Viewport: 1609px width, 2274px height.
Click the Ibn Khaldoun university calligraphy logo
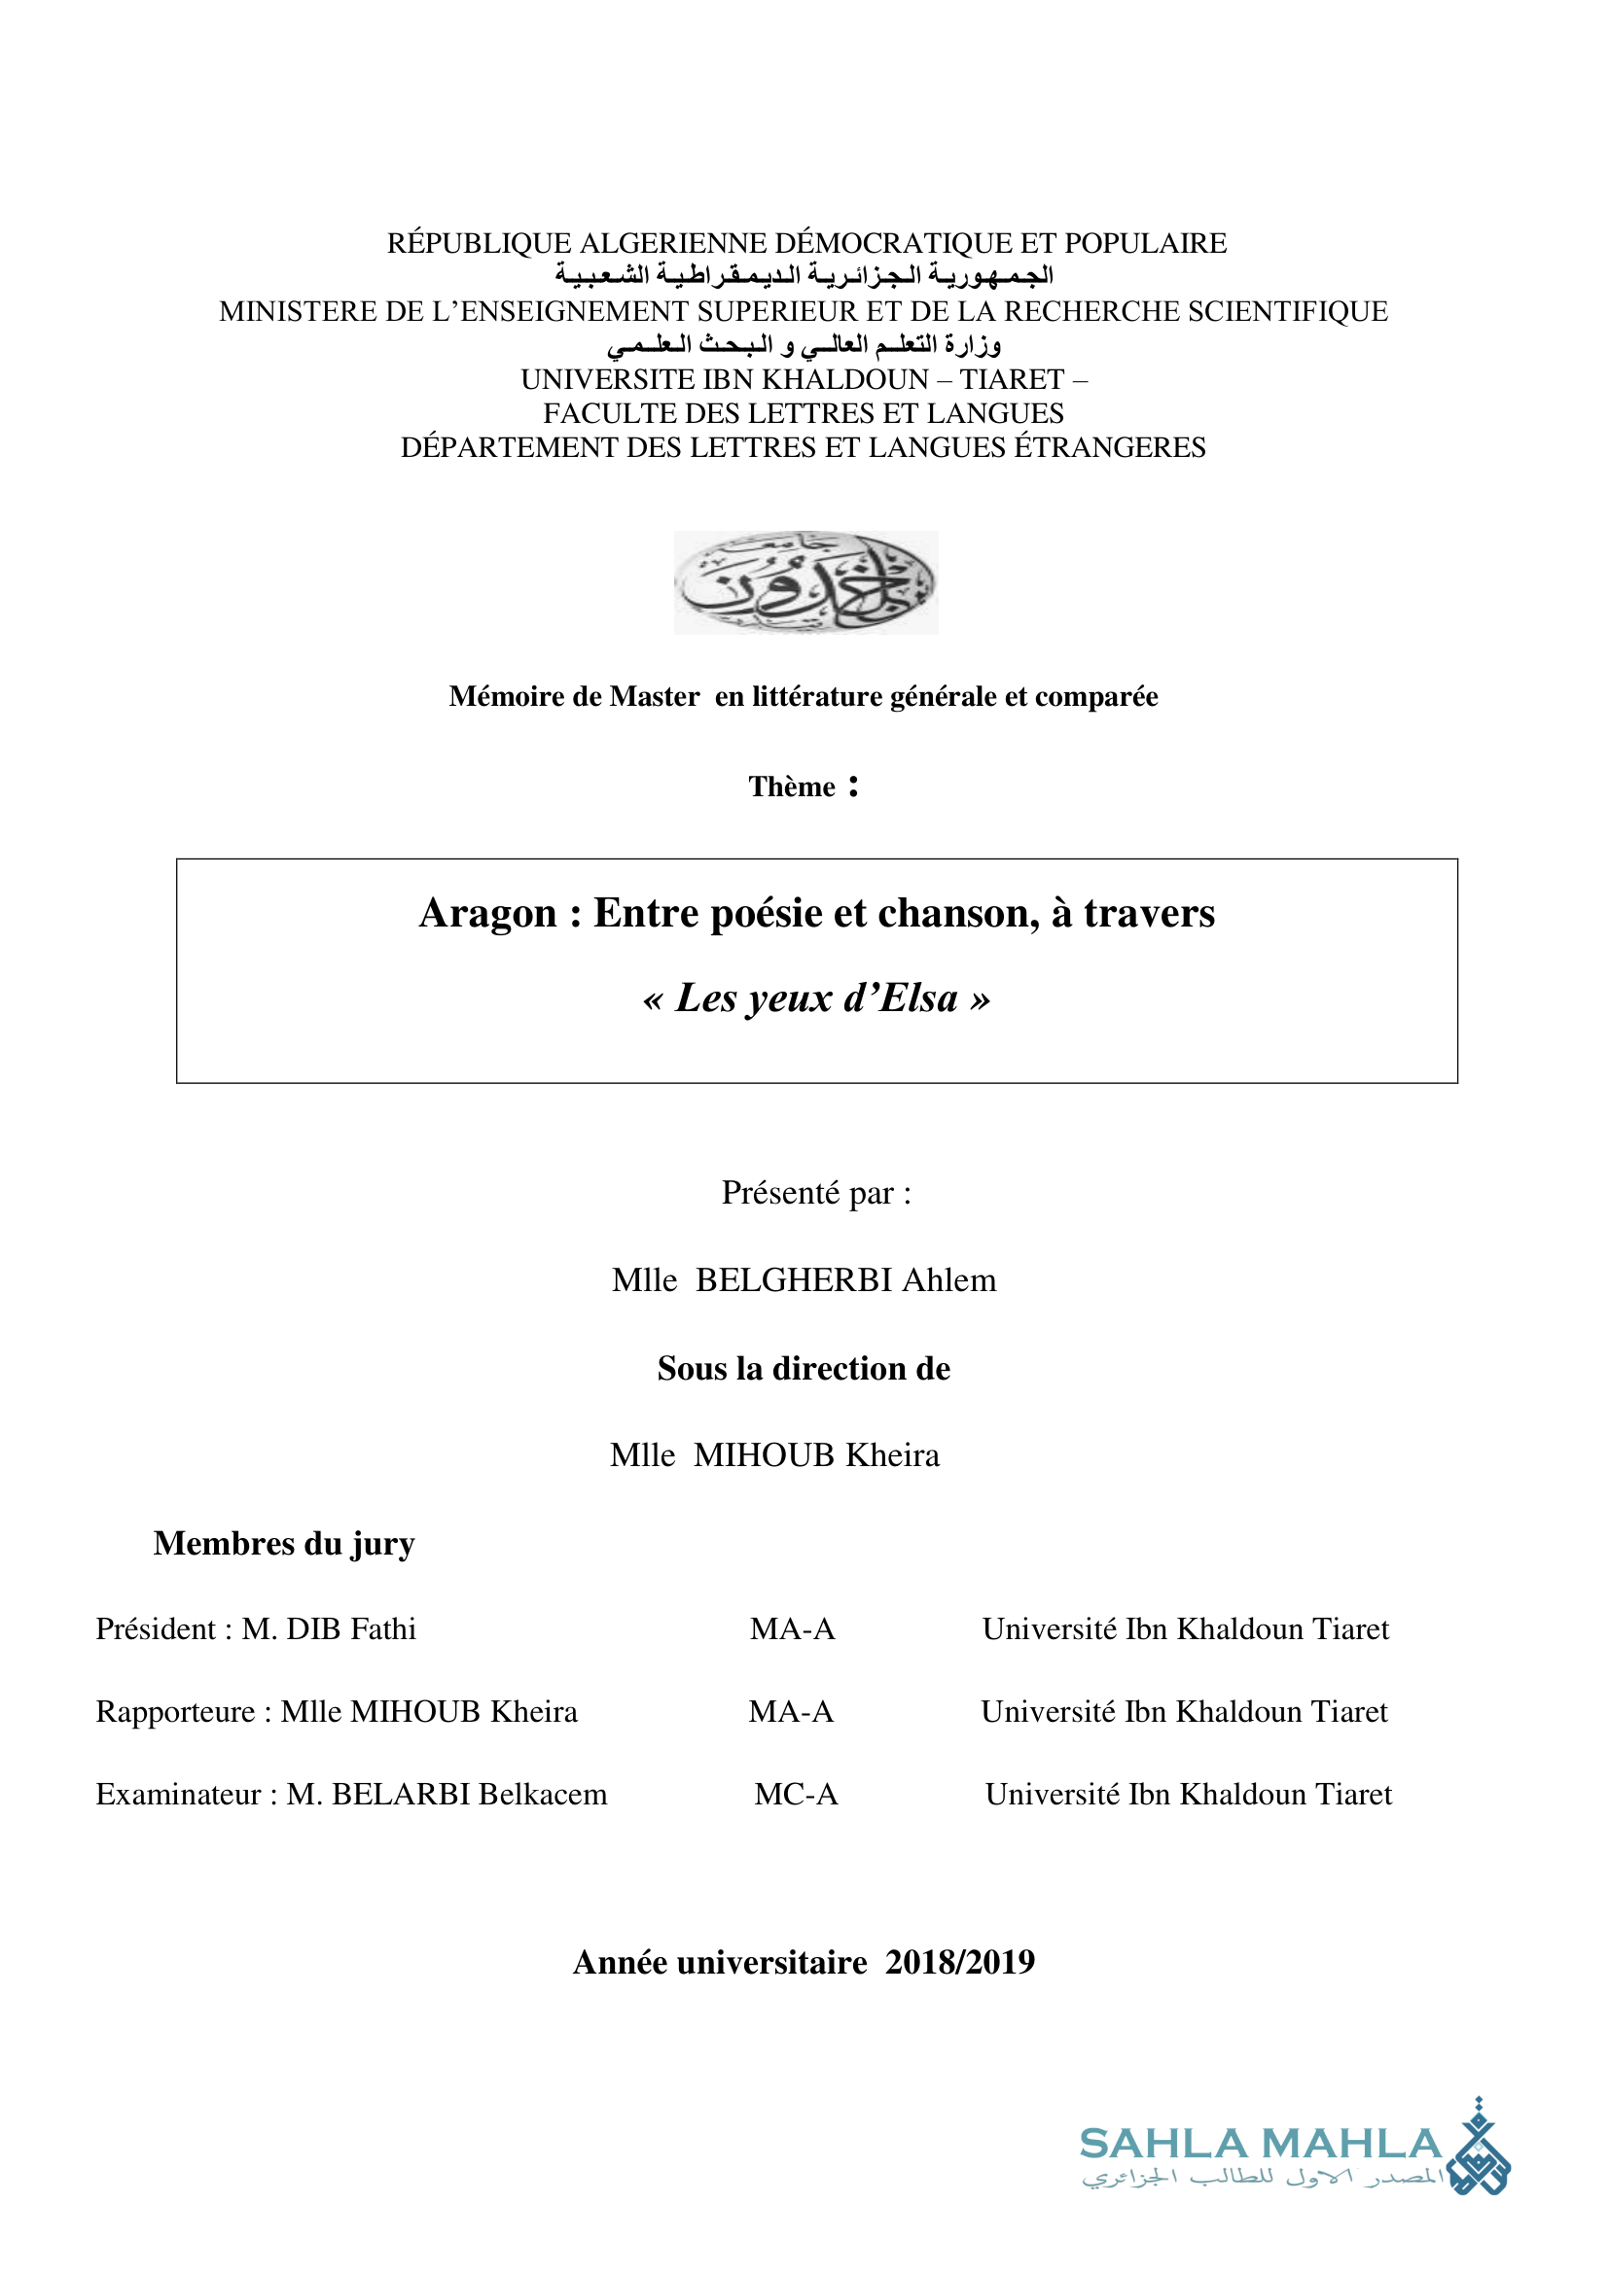click(x=805, y=582)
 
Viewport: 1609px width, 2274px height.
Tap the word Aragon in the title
click(x=487, y=913)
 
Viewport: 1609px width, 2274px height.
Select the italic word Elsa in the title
click(x=919, y=998)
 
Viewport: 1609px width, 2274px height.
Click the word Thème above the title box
click(x=792, y=787)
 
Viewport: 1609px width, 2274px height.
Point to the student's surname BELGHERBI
click(x=794, y=1280)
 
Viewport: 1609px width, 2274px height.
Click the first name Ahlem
click(x=948, y=1280)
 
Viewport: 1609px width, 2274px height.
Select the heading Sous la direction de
click(x=804, y=1368)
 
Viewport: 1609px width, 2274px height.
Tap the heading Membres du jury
click(x=283, y=1543)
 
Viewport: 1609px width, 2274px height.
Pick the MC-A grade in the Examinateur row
click(x=796, y=1795)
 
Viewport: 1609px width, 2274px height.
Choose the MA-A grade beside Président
click(x=793, y=1629)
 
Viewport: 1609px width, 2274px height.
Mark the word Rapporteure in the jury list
click(x=174, y=1712)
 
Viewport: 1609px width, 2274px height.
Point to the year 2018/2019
click(x=960, y=1962)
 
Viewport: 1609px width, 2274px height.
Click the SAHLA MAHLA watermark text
click(x=1259, y=2145)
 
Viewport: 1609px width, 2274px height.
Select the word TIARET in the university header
click(x=1011, y=379)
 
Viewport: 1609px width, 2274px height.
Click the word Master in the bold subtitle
click(x=654, y=696)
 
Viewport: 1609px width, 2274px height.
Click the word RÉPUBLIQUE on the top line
click(x=480, y=244)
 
